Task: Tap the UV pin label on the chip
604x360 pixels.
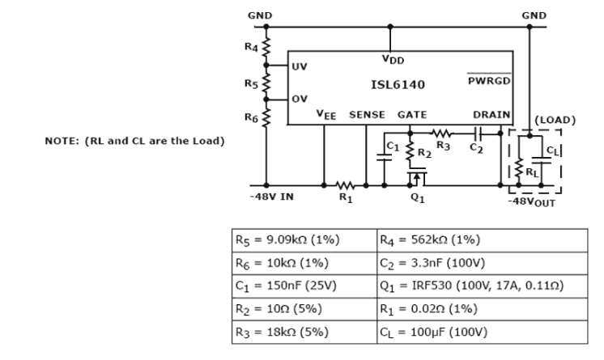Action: click(x=300, y=66)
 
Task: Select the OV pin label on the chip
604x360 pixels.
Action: click(x=300, y=100)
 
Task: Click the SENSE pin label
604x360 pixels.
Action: click(x=367, y=115)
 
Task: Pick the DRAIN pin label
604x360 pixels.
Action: click(x=491, y=115)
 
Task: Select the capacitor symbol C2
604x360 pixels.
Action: click(x=479, y=132)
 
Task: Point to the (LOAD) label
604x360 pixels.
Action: click(x=555, y=120)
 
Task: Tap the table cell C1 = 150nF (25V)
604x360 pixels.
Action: click(x=304, y=286)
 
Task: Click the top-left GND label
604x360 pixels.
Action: click(x=260, y=15)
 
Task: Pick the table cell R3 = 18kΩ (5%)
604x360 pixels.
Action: click(x=304, y=332)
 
